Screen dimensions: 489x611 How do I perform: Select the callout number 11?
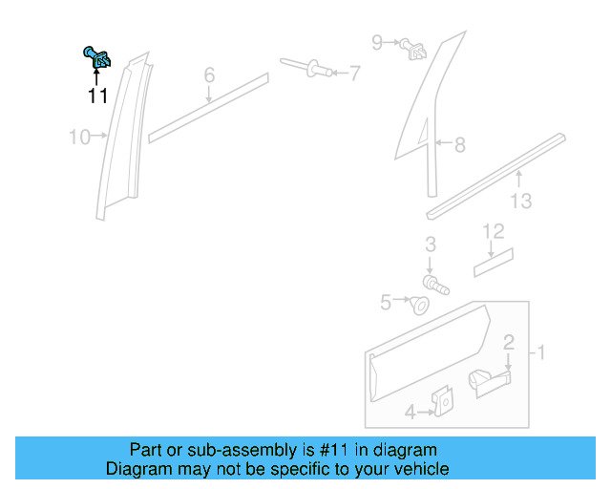coord(97,96)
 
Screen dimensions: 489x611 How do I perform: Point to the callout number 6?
coord(209,74)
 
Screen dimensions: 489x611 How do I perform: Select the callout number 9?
coord(377,42)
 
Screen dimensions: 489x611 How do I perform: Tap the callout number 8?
coord(459,145)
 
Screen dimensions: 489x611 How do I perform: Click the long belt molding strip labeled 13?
coord(496,173)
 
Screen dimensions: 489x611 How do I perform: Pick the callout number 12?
coord(493,231)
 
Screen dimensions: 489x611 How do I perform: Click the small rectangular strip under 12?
coord(494,262)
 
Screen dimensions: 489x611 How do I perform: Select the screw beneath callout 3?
coord(434,283)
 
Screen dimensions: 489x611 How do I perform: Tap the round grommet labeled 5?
coord(418,305)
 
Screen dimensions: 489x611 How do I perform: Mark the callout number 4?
coord(411,413)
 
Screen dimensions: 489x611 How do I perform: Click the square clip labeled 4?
coord(443,404)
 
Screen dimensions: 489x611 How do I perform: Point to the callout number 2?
coord(509,342)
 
